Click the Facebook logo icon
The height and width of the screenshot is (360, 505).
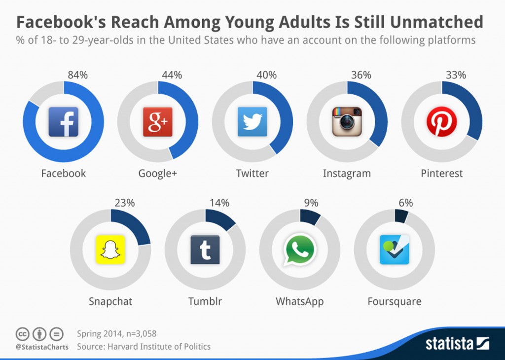[x=63, y=122]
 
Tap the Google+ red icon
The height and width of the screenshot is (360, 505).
[x=158, y=122]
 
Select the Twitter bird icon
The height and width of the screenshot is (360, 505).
[x=252, y=122]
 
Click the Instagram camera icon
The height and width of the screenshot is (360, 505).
[x=347, y=122]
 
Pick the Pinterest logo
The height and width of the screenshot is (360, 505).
[x=441, y=122]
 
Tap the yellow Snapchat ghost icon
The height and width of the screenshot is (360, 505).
[x=110, y=250]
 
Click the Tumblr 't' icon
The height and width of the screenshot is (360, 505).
[x=205, y=250]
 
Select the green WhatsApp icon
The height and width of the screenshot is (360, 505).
[x=299, y=250]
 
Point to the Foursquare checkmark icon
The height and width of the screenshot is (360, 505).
[x=394, y=250]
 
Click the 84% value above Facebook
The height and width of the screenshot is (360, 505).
[x=77, y=75]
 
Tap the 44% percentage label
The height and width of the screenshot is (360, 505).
[x=172, y=75]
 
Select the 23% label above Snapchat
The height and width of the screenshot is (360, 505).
[x=124, y=203]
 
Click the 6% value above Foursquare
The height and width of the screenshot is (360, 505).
[x=406, y=203]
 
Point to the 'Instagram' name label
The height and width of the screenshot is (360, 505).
[x=347, y=174]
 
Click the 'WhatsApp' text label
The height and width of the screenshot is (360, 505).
[x=299, y=301]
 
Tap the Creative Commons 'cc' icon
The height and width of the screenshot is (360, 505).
[x=22, y=334]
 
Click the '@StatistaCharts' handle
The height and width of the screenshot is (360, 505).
[x=39, y=347]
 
